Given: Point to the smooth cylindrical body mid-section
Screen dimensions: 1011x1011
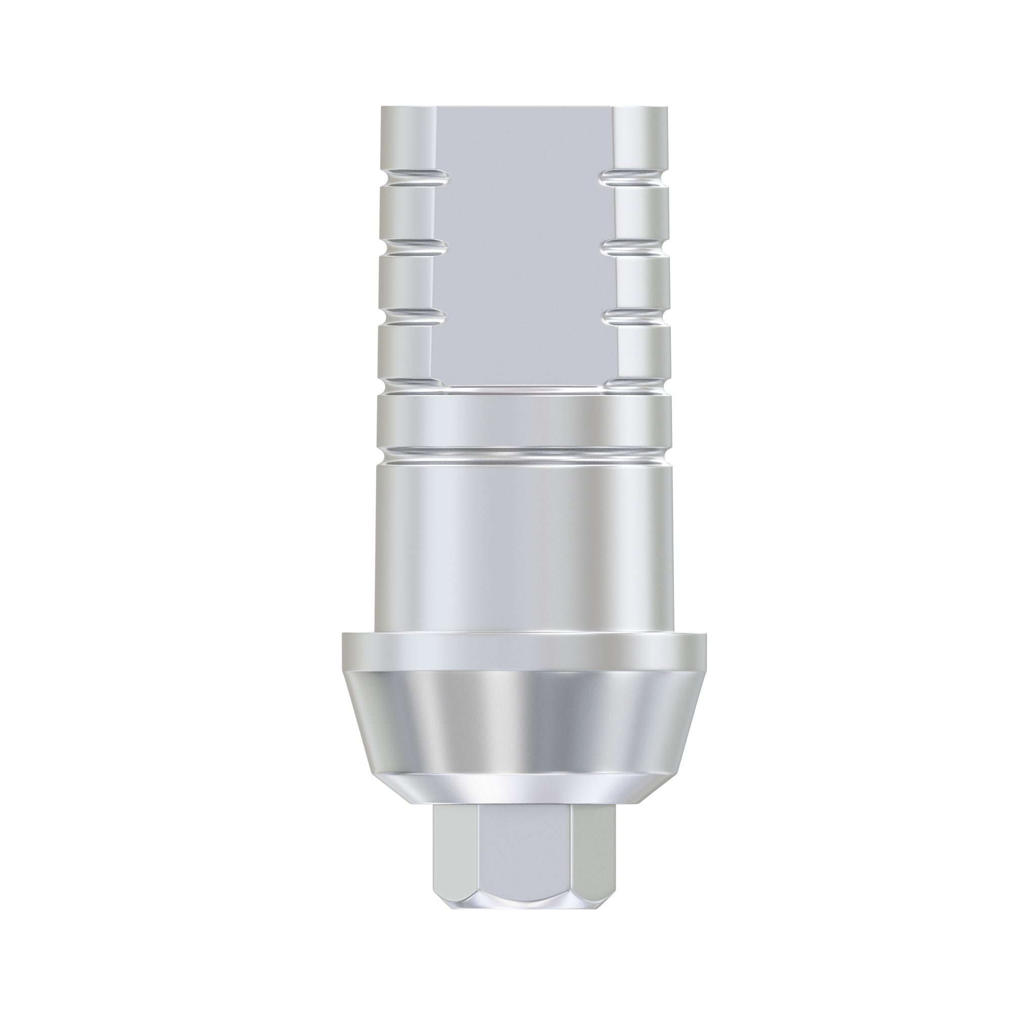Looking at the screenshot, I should coord(523,549).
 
